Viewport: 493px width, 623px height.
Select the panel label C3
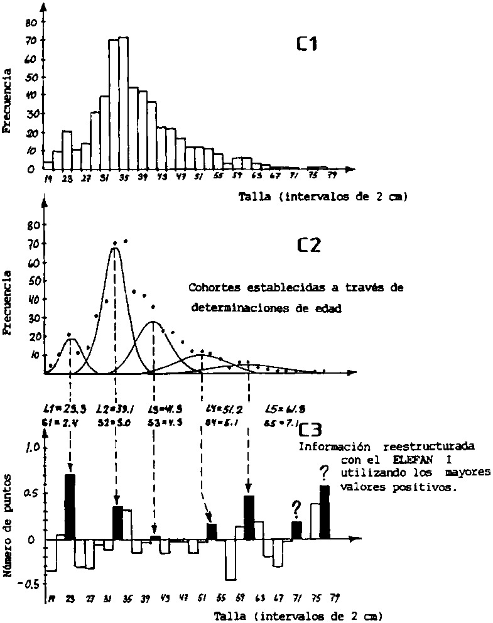(311, 430)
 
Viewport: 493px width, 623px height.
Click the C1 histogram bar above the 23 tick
(67, 150)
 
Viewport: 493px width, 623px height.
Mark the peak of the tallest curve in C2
(114, 249)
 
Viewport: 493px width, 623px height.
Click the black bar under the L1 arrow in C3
(70, 507)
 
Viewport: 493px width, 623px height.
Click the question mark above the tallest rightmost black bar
(324, 472)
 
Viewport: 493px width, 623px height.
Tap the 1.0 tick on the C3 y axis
(33, 448)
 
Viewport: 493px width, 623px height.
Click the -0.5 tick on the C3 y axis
(30, 583)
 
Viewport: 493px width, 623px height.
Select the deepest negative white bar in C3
(230, 560)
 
